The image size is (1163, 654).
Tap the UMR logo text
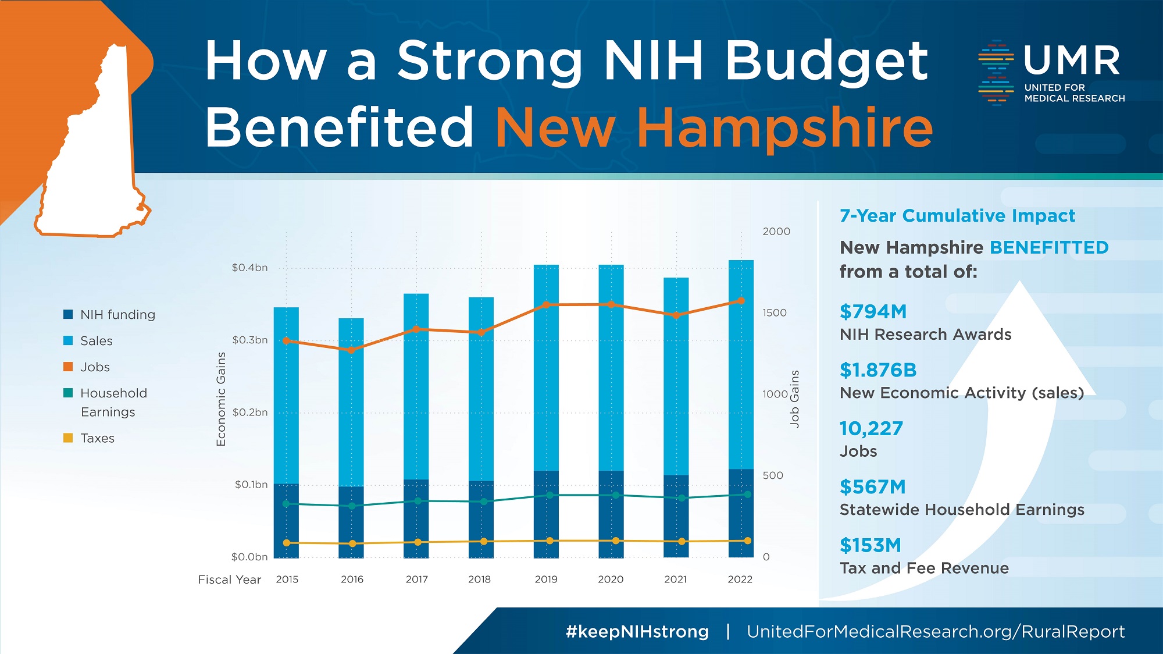point(1071,61)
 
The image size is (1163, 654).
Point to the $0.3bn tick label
point(250,340)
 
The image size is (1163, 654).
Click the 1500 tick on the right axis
point(774,313)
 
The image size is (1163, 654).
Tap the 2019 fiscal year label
point(546,580)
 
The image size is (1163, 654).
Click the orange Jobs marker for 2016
point(351,350)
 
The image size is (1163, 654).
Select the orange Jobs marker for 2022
point(741,301)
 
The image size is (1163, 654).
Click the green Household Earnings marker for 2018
point(484,502)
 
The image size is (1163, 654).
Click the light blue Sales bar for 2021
point(676,372)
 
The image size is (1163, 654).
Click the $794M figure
point(873,312)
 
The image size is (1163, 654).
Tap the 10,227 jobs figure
point(871,429)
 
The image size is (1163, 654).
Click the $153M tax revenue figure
point(870,546)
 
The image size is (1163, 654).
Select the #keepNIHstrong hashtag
point(637,632)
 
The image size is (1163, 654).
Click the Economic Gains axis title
point(221,399)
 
